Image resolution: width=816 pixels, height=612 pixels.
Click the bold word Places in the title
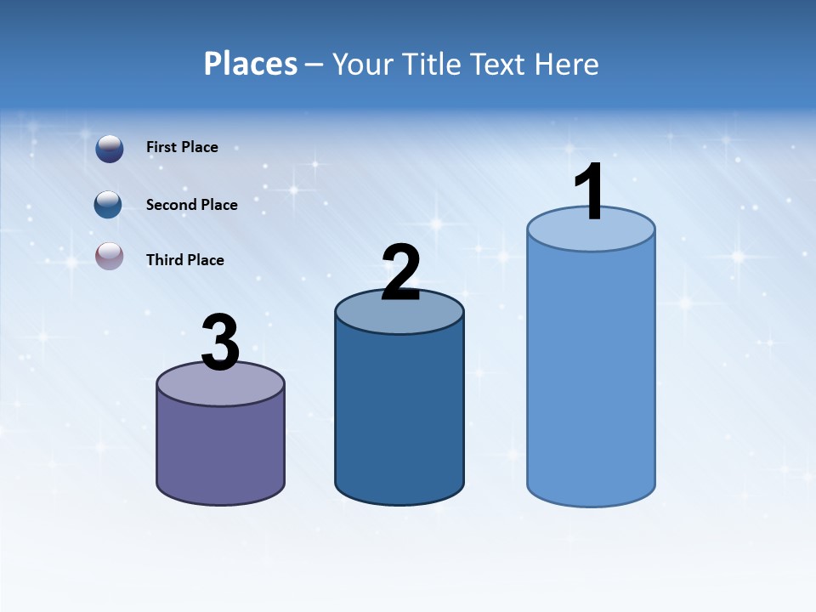click(x=251, y=64)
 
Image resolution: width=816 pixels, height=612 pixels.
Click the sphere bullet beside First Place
click(x=110, y=148)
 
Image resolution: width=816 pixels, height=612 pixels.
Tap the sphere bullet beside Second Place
click(x=108, y=205)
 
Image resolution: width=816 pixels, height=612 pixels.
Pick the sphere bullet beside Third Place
click(x=110, y=255)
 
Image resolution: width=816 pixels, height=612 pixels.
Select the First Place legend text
click(x=182, y=147)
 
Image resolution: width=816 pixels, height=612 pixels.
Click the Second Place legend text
click(x=191, y=205)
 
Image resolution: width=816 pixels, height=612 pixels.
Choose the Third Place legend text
click(x=184, y=260)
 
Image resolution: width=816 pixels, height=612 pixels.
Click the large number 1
click(x=589, y=192)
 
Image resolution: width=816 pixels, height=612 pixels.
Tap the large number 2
click(x=401, y=272)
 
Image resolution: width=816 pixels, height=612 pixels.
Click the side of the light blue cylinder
click(x=591, y=374)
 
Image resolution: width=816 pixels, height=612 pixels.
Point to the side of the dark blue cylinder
click(x=399, y=416)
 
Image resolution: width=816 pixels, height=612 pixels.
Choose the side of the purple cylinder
click(x=220, y=450)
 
